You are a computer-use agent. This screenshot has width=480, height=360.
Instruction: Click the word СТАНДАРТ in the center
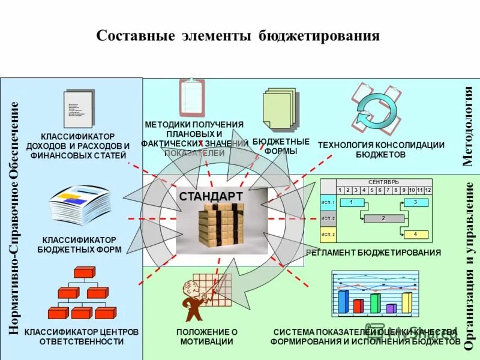coord(211,197)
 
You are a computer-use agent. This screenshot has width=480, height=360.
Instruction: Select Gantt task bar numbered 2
coord(382,218)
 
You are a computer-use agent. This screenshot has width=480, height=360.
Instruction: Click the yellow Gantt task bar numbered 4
coord(415,234)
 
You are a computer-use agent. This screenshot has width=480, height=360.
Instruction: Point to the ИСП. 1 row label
coord(328,203)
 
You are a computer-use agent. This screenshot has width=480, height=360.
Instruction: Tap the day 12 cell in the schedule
coord(428,190)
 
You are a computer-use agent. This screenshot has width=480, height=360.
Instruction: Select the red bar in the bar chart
coord(358,306)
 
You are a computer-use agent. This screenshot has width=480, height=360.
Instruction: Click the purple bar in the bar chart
coord(391,308)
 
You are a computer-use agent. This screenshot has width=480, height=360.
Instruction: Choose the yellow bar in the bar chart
coord(407,302)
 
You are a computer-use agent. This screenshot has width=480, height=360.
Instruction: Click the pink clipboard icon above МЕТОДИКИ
coord(193,99)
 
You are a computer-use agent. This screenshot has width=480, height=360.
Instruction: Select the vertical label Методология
coord(468,126)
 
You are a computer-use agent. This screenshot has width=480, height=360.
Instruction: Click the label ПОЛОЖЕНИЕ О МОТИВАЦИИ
coord(206,337)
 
